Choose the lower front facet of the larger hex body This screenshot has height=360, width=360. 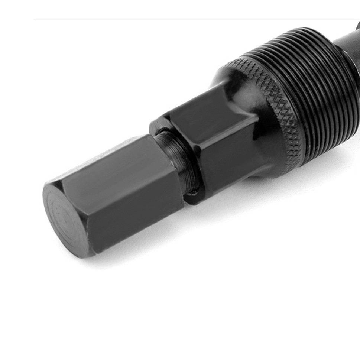(x=227, y=163)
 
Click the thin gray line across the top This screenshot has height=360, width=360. (x=149, y=19)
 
